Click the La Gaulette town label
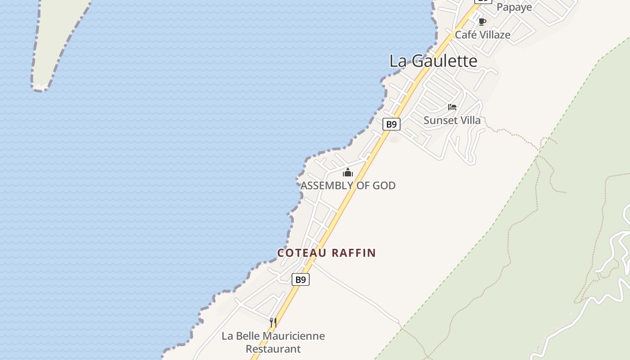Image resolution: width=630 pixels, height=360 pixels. click(x=433, y=61)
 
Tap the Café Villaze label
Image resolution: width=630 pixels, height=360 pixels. click(x=482, y=35)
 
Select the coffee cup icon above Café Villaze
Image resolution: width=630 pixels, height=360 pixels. click(x=482, y=22)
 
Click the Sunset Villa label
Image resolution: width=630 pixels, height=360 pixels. click(x=452, y=120)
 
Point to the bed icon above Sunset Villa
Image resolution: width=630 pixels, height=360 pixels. click(x=452, y=107)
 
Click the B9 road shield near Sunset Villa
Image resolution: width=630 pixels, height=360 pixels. click(x=391, y=124)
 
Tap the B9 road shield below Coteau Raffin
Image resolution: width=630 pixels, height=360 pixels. click(x=301, y=279)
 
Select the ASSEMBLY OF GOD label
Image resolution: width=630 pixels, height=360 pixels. click(x=348, y=185)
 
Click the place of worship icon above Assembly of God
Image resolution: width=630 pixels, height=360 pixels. click(x=348, y=172)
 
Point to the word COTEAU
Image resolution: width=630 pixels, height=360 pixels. click(x=302, y=253)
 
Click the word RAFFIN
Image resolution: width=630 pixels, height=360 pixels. click(x=353, y=253)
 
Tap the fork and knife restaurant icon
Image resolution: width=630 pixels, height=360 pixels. click(x=273, y=322)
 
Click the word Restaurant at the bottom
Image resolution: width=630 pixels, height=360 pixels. click(x=273, y=349)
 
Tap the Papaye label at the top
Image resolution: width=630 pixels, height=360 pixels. click(x=514, y=7)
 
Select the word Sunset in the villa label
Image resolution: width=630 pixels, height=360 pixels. click(x=439, y=120)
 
